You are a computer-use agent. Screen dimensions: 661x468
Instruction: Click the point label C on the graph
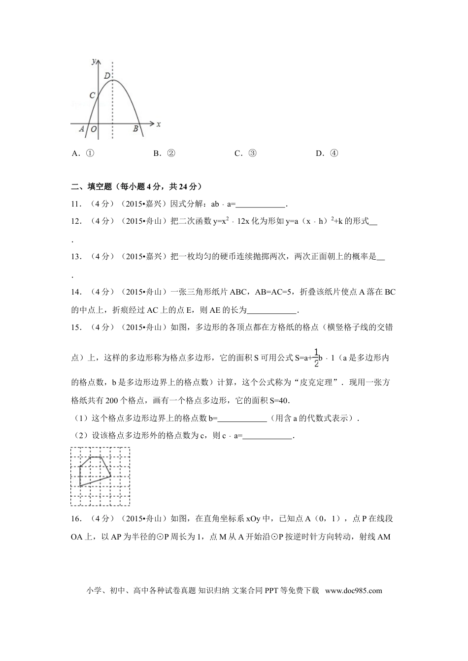(x=92, y=95)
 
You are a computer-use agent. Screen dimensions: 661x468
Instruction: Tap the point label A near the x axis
(x=81, y=129)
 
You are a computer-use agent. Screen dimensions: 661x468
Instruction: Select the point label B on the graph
(x=135, y=129)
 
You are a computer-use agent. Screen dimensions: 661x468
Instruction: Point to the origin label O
(x=93, y=129)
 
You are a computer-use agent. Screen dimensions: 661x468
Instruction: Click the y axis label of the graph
(x=94, y=61)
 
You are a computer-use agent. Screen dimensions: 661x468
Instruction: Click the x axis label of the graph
(x=158, y=124)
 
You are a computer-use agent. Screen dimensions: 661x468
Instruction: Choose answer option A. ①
(x=83, y=153)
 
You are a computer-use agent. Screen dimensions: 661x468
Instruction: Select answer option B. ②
(x=164, y=153)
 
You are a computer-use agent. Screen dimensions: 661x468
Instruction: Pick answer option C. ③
(x=245, y=153)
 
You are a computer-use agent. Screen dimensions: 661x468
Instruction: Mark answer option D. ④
(x=327, y=153)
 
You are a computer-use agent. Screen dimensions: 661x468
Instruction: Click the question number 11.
(x=76, y=204)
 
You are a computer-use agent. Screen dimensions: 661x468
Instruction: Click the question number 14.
(x=76, y=292)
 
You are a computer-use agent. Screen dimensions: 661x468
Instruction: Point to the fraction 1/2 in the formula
(x=316, y=357)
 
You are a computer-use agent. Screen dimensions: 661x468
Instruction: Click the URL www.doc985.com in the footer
(x=354, y=591)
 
